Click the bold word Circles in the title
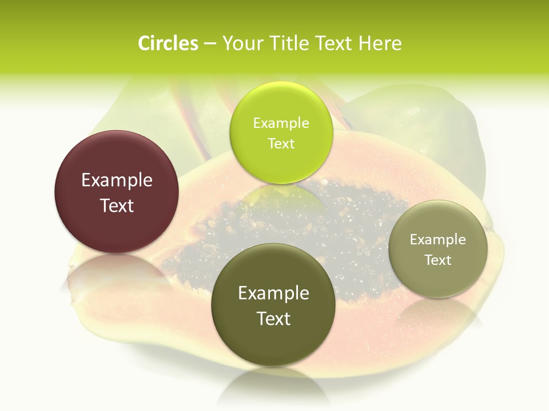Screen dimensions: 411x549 point(168,43)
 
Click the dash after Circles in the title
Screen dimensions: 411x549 point(210,44)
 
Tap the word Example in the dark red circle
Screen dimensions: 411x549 point(117,180)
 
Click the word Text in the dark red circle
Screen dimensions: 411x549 point(117,205)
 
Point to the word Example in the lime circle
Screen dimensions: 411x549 point(281,123)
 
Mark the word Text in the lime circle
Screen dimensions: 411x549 point(281,143)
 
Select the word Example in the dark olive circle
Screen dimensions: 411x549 point(273,293)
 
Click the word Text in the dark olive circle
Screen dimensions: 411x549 point(273,319)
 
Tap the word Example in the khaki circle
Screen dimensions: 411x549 point(438,240)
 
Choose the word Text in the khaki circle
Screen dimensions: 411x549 point(438,260)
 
